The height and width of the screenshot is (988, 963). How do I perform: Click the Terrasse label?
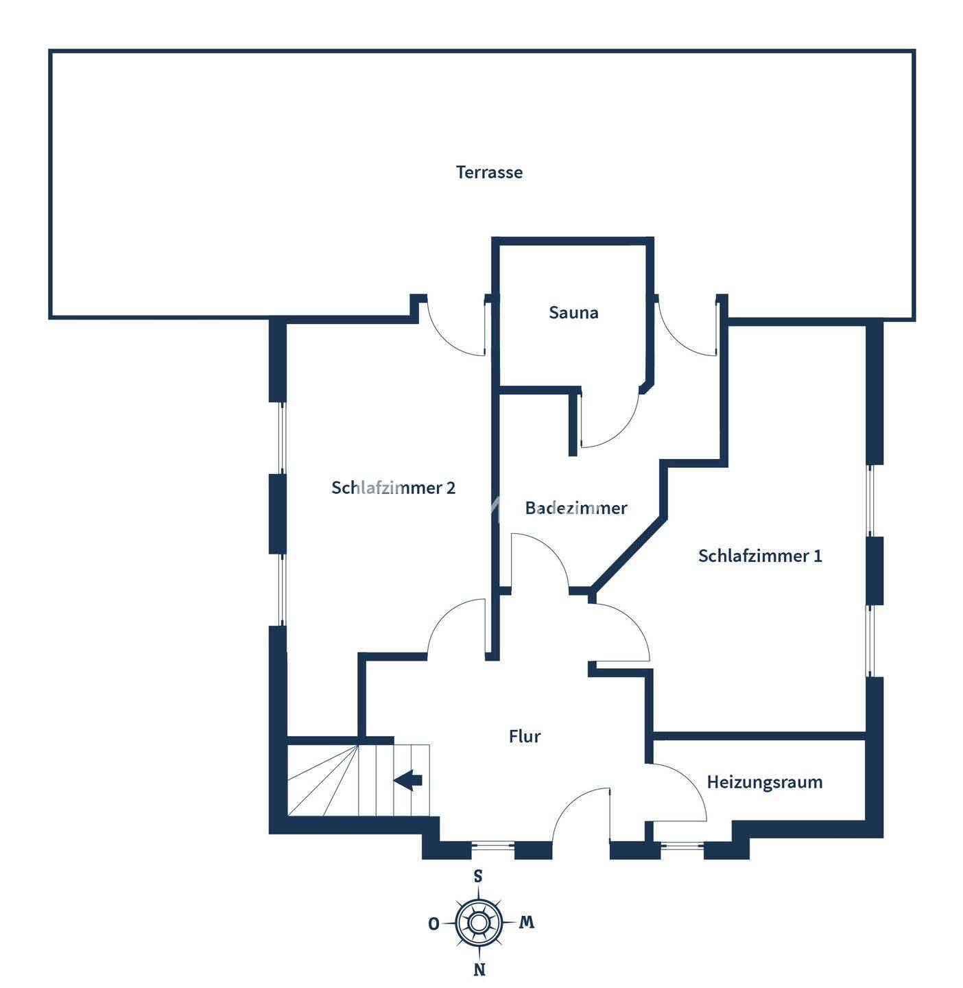click(489, 172)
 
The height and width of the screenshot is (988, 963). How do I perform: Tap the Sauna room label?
click(573, 313)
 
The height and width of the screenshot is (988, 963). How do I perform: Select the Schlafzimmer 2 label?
click(393, 488)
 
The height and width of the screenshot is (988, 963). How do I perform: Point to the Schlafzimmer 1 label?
click(759, 556)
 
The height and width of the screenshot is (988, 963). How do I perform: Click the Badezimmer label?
click(576, 508)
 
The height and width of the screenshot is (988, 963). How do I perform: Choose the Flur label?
click(525, 736)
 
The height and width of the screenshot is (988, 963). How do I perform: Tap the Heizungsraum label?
click(764, 782)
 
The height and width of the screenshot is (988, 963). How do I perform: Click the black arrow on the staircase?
click(408, 780)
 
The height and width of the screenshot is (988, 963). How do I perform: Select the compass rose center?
click(479, 923)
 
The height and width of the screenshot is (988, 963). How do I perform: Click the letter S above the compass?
click(478, 876)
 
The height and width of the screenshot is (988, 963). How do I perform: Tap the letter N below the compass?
click(480, 969)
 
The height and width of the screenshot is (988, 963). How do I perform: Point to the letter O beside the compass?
click(433, 924)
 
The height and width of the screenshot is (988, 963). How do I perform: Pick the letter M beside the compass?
click(526, 923)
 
